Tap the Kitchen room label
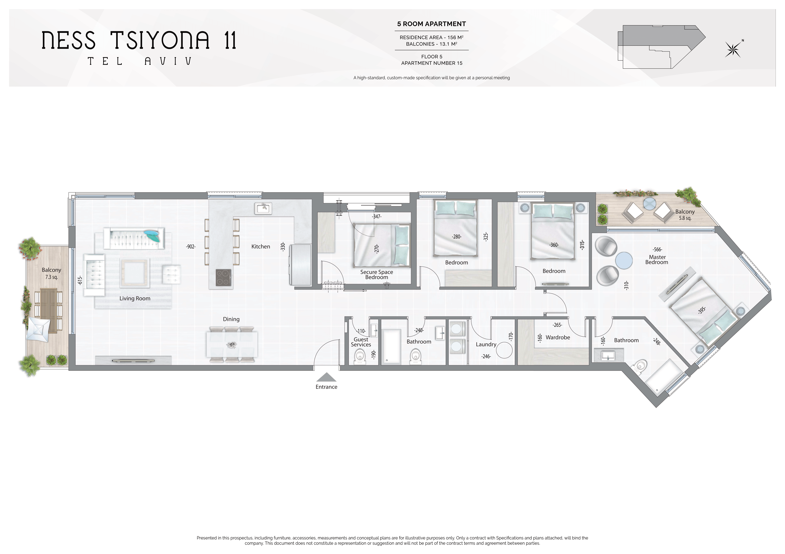(x=260, y=246)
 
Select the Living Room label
(x=135, y=298)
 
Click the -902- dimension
(x=191, y=246)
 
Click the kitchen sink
(x=263, y=208)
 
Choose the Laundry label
(x=486, y=344)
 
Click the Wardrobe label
(x=558, y=337)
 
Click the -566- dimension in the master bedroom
(x=657, y=249)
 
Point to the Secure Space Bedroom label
(x=376, y=275)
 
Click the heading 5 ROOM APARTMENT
(x=431, y=24)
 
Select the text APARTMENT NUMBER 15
(x=431, y=63)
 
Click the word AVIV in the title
(x=168, y=61)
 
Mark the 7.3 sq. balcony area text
(x=52, y=277)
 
